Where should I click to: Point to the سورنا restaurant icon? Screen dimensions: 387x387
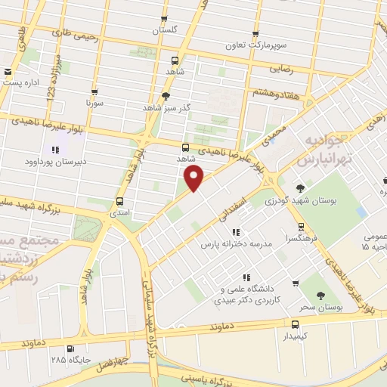[x=94, y=89]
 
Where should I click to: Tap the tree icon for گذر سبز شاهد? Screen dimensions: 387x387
[x=166, y=96]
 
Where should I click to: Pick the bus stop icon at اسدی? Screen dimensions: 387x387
[x=119, y=201]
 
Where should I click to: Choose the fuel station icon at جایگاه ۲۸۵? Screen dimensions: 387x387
[x=70, y=348]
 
